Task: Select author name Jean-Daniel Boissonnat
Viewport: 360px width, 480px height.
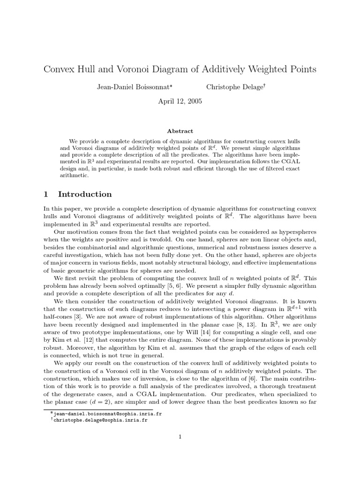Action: tap(133, 87)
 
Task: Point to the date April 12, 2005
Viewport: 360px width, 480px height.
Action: tap(180, 101)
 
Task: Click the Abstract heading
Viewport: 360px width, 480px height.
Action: tap(180, 131)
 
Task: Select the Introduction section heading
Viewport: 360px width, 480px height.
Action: tap(85, 194)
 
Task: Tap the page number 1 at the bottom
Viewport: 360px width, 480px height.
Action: tap(180, 437)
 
